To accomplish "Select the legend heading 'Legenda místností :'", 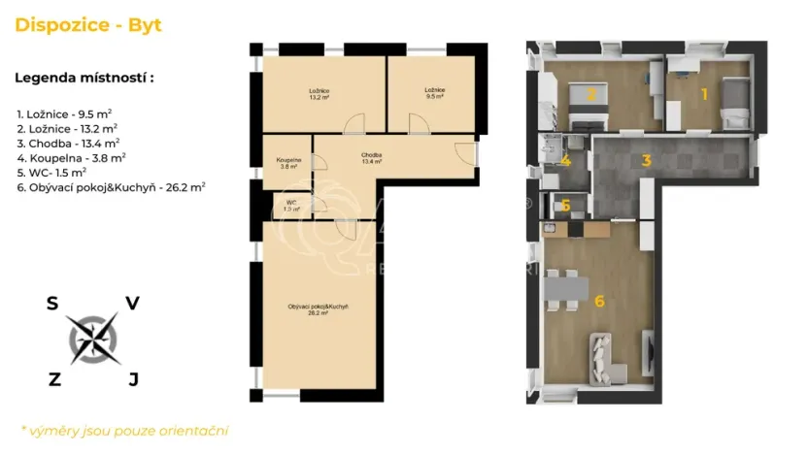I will point(84,78).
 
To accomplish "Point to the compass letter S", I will point(51,304).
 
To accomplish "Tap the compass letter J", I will point(133,379).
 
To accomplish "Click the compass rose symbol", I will point(93,340).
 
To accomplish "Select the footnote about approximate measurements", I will point(123,430).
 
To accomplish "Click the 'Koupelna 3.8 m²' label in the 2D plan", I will point(288,162).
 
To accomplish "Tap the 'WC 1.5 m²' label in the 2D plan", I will point(290,206).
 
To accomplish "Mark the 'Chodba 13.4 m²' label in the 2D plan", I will point(370,158).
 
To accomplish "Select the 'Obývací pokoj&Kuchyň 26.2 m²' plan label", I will point(318,309).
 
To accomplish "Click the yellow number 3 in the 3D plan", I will point(645,160).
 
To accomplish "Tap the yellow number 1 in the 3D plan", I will point(705,94).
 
